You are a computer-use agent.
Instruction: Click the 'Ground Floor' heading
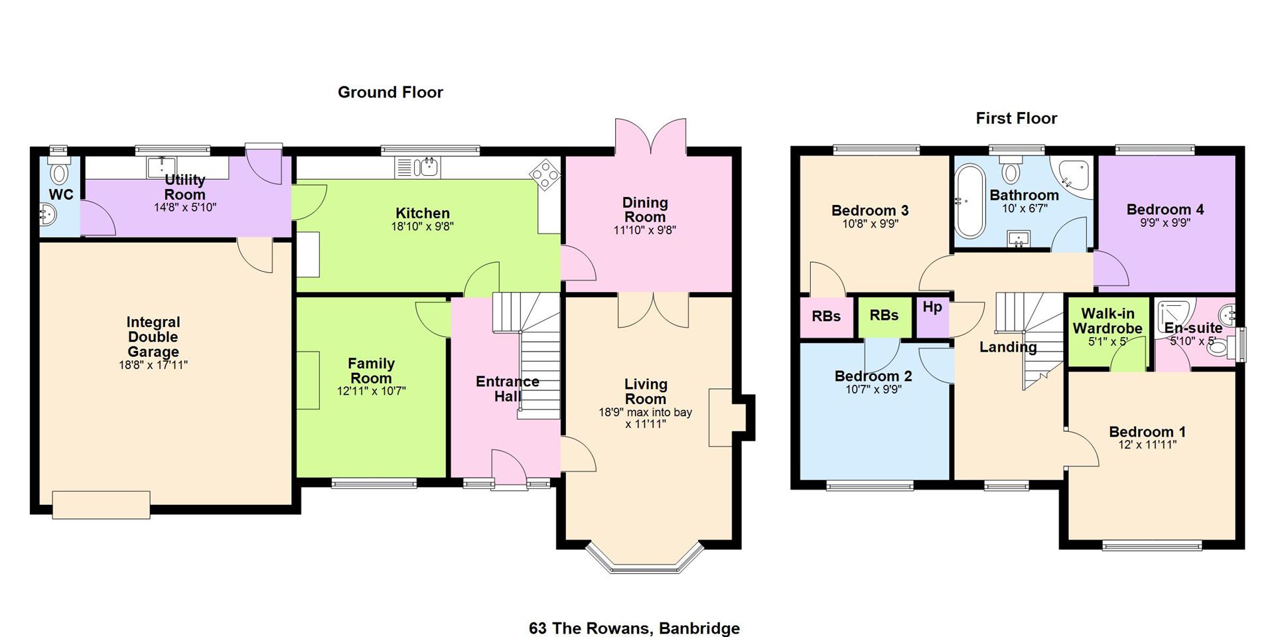(x=390, y=92)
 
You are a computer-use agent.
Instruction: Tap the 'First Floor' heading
(x=1016, y=118)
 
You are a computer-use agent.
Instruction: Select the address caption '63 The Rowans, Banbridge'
(x=634, y=628)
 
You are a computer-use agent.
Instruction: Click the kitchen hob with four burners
(x=545, y=175)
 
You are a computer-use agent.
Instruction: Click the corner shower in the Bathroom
(x=1074, y=178)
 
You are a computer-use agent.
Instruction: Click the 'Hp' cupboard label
(x=932, y=307)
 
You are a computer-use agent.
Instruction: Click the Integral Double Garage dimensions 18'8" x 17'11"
(x=153, y=365)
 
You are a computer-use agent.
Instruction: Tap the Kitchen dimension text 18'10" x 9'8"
(x=423, y=226)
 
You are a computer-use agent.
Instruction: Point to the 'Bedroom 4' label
(x=1165, y=210)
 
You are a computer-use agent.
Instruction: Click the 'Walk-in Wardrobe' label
(x=1107, y=321)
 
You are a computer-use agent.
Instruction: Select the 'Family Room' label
(x=371, y=371)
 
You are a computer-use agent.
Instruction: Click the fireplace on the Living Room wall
(x=721, y=417)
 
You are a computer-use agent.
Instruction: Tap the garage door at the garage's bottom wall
(x=101, y=504)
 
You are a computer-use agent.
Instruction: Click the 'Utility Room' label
(x=184, y=187)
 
